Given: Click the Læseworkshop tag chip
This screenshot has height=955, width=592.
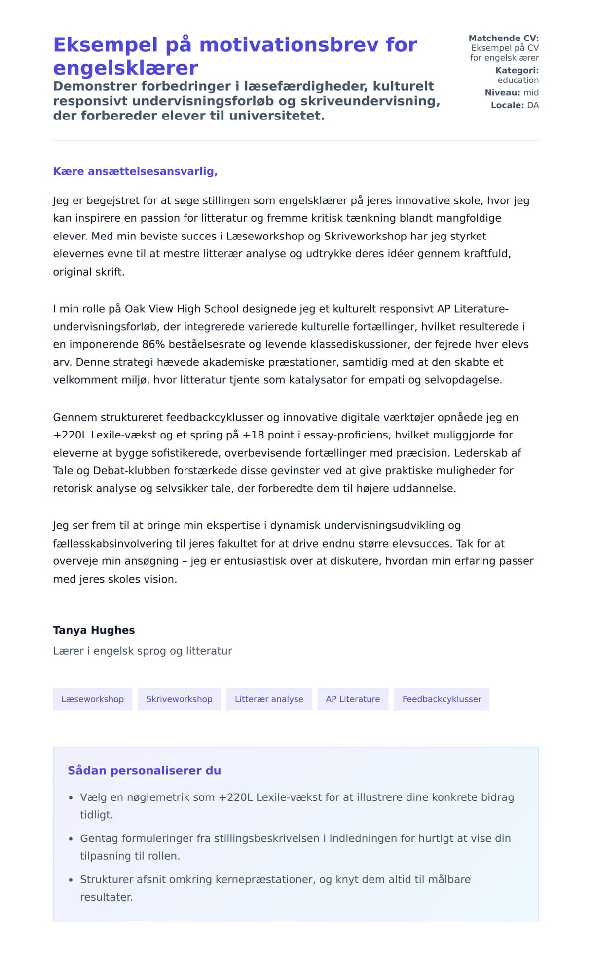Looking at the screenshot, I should [x=92, y=699].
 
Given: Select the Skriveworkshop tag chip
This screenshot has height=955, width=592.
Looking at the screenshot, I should [x=179, y=699].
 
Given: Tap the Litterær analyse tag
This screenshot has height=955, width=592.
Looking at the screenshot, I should [x=269, y=699].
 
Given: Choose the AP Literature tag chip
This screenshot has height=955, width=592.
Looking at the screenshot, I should [x=353, y=699].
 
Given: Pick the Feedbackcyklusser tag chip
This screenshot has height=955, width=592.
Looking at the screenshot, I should [x=442, y=699].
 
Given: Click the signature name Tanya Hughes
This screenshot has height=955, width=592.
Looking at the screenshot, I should [x=94, y=630].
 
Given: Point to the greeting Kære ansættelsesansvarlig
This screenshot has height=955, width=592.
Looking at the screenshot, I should [x=135, y=171].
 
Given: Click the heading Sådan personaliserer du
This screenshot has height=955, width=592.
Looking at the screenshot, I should [x=144, y=770].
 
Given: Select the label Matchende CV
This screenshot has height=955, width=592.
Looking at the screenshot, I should [x=503, y=38].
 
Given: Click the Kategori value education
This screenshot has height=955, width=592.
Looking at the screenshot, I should [x=518, y=80].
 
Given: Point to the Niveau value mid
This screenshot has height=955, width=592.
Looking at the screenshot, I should [x=531, y=92].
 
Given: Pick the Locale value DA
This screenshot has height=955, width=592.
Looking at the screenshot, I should [x=533, y=105].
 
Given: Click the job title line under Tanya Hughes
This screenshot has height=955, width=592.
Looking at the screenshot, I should [x=142, y=651].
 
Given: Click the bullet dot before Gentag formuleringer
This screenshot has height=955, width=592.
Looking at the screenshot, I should [x=71, y=838].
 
